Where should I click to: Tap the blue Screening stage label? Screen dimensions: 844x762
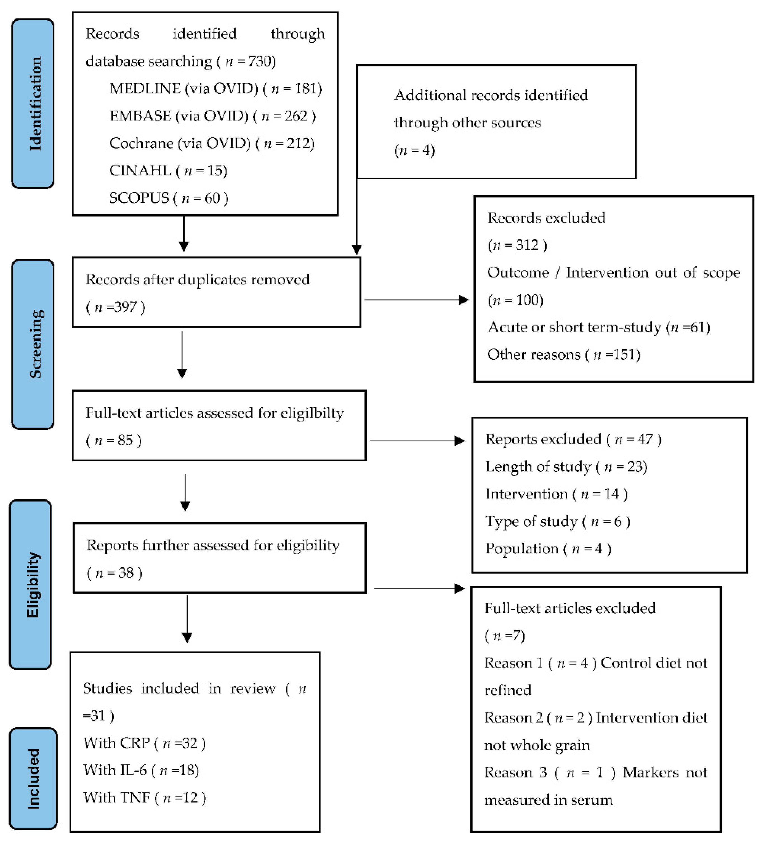[33, 344]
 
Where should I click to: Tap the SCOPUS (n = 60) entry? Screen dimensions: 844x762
[168, 198]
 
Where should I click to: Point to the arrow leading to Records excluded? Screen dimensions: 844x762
[416, 300]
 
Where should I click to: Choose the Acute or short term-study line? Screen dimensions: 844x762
[599, 327]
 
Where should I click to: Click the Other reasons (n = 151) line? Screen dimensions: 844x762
[564, 355]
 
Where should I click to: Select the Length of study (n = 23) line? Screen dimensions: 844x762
[566, 467]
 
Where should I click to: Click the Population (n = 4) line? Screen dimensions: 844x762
[548, 549]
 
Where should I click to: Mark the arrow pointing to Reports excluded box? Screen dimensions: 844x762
[417, 441]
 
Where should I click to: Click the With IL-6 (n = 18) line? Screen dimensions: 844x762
[141, 770]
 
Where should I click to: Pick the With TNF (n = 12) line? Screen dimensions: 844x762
[144, 798]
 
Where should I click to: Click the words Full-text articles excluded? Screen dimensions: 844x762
[570, 608]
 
